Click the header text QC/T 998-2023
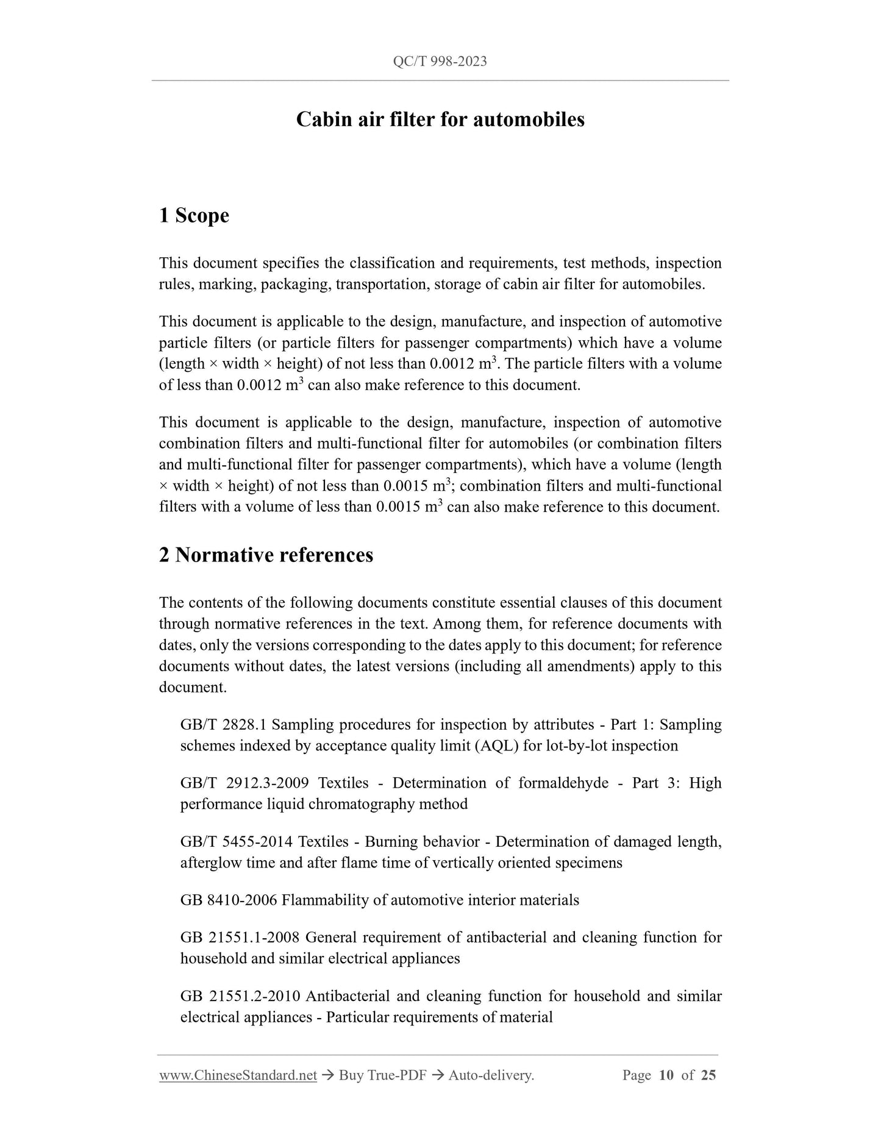(440, 62)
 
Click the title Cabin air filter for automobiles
(440, 119)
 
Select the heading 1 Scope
(194, 215)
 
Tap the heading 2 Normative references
(266, 555)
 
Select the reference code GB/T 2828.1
(223, 725)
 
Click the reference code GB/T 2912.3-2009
(244, 783)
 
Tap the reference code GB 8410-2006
(229, 900)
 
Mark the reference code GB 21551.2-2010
(240, 996)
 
